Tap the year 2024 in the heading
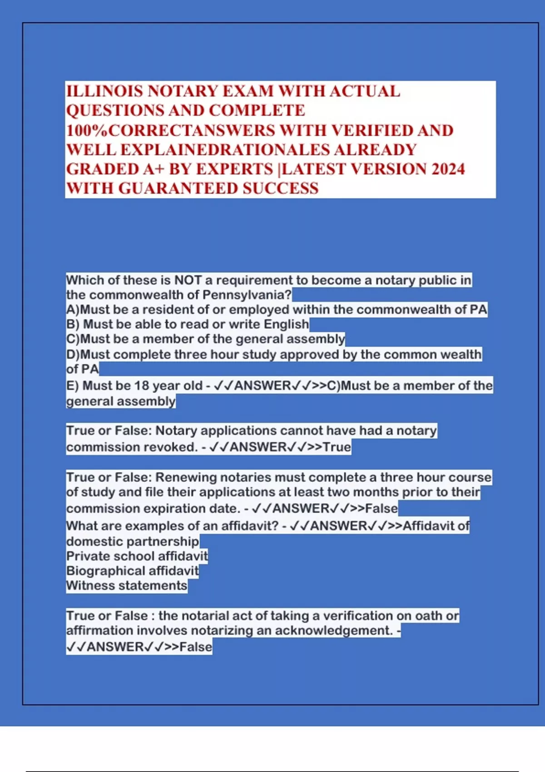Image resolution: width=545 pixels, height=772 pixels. (x=448, y=169)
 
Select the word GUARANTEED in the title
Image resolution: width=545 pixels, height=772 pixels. (x=178, y=188)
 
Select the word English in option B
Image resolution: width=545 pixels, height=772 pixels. (x=286, y=324)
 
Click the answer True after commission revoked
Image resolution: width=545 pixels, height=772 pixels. (x=337, y=447)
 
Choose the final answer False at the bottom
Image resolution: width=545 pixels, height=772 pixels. (x=196, y=647)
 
